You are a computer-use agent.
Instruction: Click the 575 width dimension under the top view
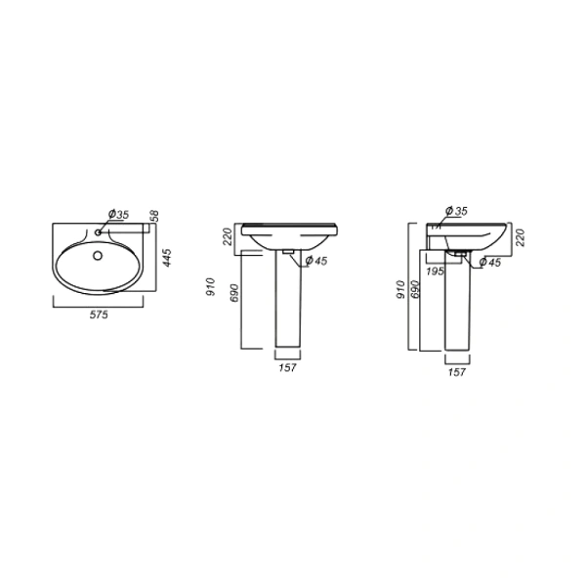(x=99, y=314)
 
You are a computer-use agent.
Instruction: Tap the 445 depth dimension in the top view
(x=167, y=258)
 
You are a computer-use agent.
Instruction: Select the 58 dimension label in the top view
(x=154, y=216)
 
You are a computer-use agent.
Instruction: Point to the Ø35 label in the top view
(x=118, y=214)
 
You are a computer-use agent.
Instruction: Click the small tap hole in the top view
(x=99, y=232)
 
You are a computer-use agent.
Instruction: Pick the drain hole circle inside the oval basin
(x=98, y=256)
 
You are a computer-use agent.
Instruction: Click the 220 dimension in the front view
(x=228, y=235)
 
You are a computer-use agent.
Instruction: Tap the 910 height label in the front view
(x=211, y=286)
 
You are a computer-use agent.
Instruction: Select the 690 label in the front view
(x=234, y=293)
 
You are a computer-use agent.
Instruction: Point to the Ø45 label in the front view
(x=316, y=261)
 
